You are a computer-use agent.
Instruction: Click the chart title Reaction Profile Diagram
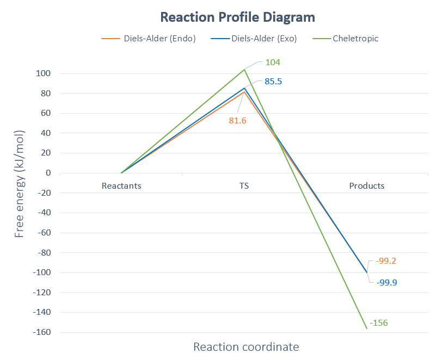click(237, 17)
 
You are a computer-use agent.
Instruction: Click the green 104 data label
click(273, 62)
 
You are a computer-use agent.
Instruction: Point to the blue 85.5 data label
click(273, 82)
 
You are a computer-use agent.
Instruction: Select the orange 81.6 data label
click(237, 121)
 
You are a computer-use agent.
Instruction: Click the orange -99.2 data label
click(386, 261)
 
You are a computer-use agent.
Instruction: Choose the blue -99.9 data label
click(386, 283)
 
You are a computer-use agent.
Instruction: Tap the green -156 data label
click(379, 323)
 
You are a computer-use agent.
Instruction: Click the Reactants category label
click(121, 186)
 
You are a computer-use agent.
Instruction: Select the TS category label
click(244, 186)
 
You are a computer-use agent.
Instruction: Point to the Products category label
click(367, 186)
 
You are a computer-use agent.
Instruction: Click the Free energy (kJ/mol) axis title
click(20, 184)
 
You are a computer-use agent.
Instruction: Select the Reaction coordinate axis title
click(246, 347)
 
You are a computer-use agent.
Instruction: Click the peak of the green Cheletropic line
click(244, 70)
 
